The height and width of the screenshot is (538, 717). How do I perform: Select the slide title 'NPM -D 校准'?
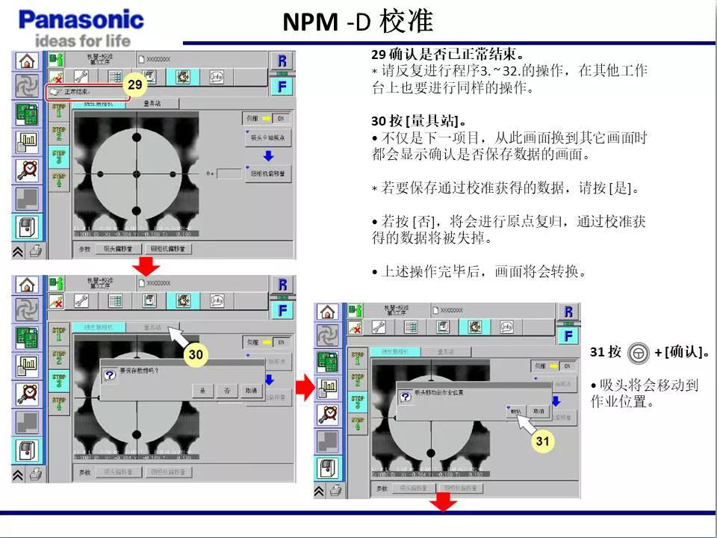[x=358, y=22]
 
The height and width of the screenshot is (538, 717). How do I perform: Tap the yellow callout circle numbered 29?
[x=134, y=85]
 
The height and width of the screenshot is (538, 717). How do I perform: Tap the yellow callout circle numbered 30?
[x=195, y=354]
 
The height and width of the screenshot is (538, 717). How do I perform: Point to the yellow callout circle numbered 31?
[x=542, y=442]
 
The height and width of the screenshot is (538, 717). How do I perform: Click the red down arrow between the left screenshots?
[x=146, y=266]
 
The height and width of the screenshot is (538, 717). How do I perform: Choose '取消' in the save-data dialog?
[x=251, y=391]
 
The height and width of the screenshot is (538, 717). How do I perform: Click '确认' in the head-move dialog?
[x=516, y=412]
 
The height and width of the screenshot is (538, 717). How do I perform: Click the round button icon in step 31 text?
[x=638, y=352]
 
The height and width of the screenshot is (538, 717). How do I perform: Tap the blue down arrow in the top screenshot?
[x=268, y=156]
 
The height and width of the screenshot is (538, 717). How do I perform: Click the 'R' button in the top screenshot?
[x=282, y=61]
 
